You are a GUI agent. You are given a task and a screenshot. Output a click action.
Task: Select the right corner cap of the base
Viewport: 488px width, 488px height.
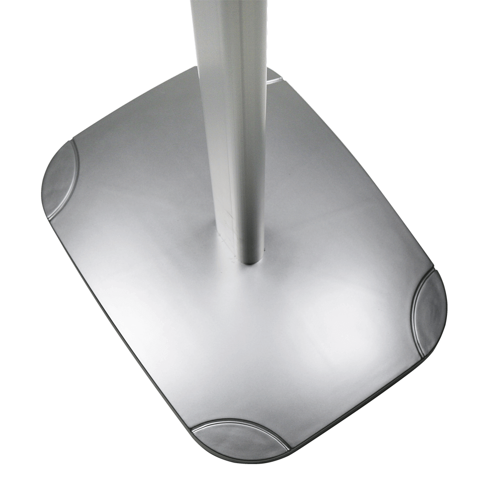tap(432, 312)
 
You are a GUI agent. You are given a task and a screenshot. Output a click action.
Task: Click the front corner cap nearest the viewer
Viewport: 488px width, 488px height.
tap(239, 439)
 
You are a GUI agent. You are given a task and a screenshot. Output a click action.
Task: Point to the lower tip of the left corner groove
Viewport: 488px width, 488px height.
tap(49, 218)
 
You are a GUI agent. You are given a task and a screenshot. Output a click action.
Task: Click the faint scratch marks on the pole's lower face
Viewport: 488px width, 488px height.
tap(229, 229)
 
